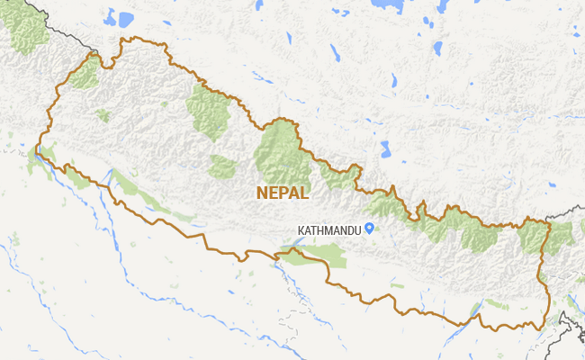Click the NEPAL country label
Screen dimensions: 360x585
click(x=283, y=193)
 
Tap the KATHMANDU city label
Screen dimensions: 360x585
click(x=326, y=229)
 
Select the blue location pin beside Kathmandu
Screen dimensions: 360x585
click(x=369, y=229)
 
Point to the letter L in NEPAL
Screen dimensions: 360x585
click(x=304, y=193)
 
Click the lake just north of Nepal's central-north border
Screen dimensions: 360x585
click(x=385, y=148)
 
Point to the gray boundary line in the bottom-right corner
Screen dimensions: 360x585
click(x=567, y=324)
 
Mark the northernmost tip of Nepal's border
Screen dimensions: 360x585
click(x=135, y=38)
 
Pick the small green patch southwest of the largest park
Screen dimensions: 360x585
click(x=222, y=166)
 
